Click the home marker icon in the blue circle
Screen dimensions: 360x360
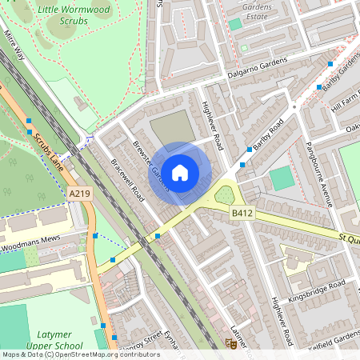[181, 172]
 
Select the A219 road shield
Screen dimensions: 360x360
[80, 194]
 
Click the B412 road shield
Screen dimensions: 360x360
[242, 213]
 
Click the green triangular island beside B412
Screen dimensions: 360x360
[226, 194]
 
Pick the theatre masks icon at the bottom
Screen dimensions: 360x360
[230, 343]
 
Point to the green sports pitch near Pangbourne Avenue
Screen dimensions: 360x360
[282, 178]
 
